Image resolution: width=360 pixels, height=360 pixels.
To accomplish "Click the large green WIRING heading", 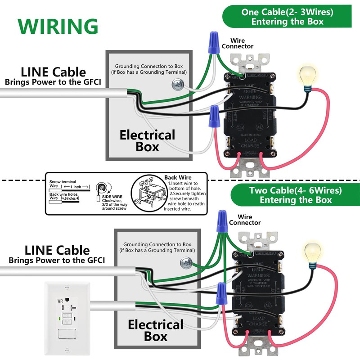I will point(58,27).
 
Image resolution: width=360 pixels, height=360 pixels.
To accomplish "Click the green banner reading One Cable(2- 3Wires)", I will point(287,17).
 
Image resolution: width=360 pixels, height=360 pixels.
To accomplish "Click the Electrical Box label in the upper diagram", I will point(147,140).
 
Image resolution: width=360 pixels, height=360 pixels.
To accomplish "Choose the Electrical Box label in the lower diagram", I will point(155,330).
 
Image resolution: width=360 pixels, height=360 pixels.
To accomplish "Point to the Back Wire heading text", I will point(178,178).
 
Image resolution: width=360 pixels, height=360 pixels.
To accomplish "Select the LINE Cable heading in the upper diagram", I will point(53,72).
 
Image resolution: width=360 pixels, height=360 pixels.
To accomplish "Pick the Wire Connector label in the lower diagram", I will point(245,220).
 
